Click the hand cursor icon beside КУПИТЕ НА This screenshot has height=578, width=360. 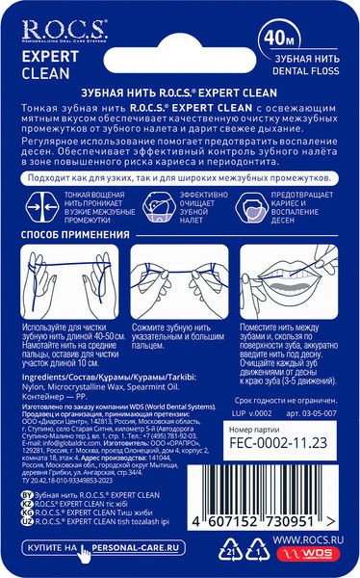tap(86, 550)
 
